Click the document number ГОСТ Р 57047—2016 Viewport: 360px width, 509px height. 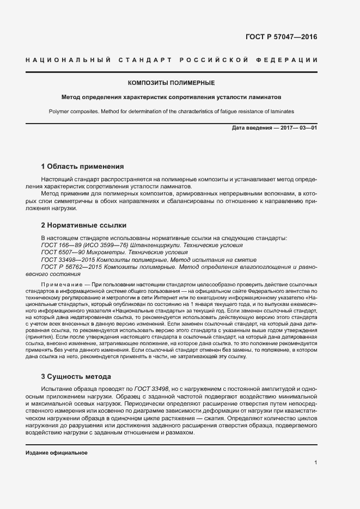click(x=282, y=38)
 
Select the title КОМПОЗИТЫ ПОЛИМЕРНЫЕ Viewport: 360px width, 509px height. click(x=171, y=83)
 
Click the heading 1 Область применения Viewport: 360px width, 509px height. click(x=83, y=166)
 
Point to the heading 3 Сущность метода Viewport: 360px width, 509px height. click(x=76, y=376)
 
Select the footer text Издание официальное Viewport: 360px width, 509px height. click(x=57, y=453)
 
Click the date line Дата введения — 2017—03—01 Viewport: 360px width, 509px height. click(x=274, y=127)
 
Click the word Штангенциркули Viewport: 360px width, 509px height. click(x=154, y=246)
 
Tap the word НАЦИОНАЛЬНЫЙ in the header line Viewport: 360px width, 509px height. click(x=68, y=59)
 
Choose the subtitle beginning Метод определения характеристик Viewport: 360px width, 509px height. click(x=171, y=98)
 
